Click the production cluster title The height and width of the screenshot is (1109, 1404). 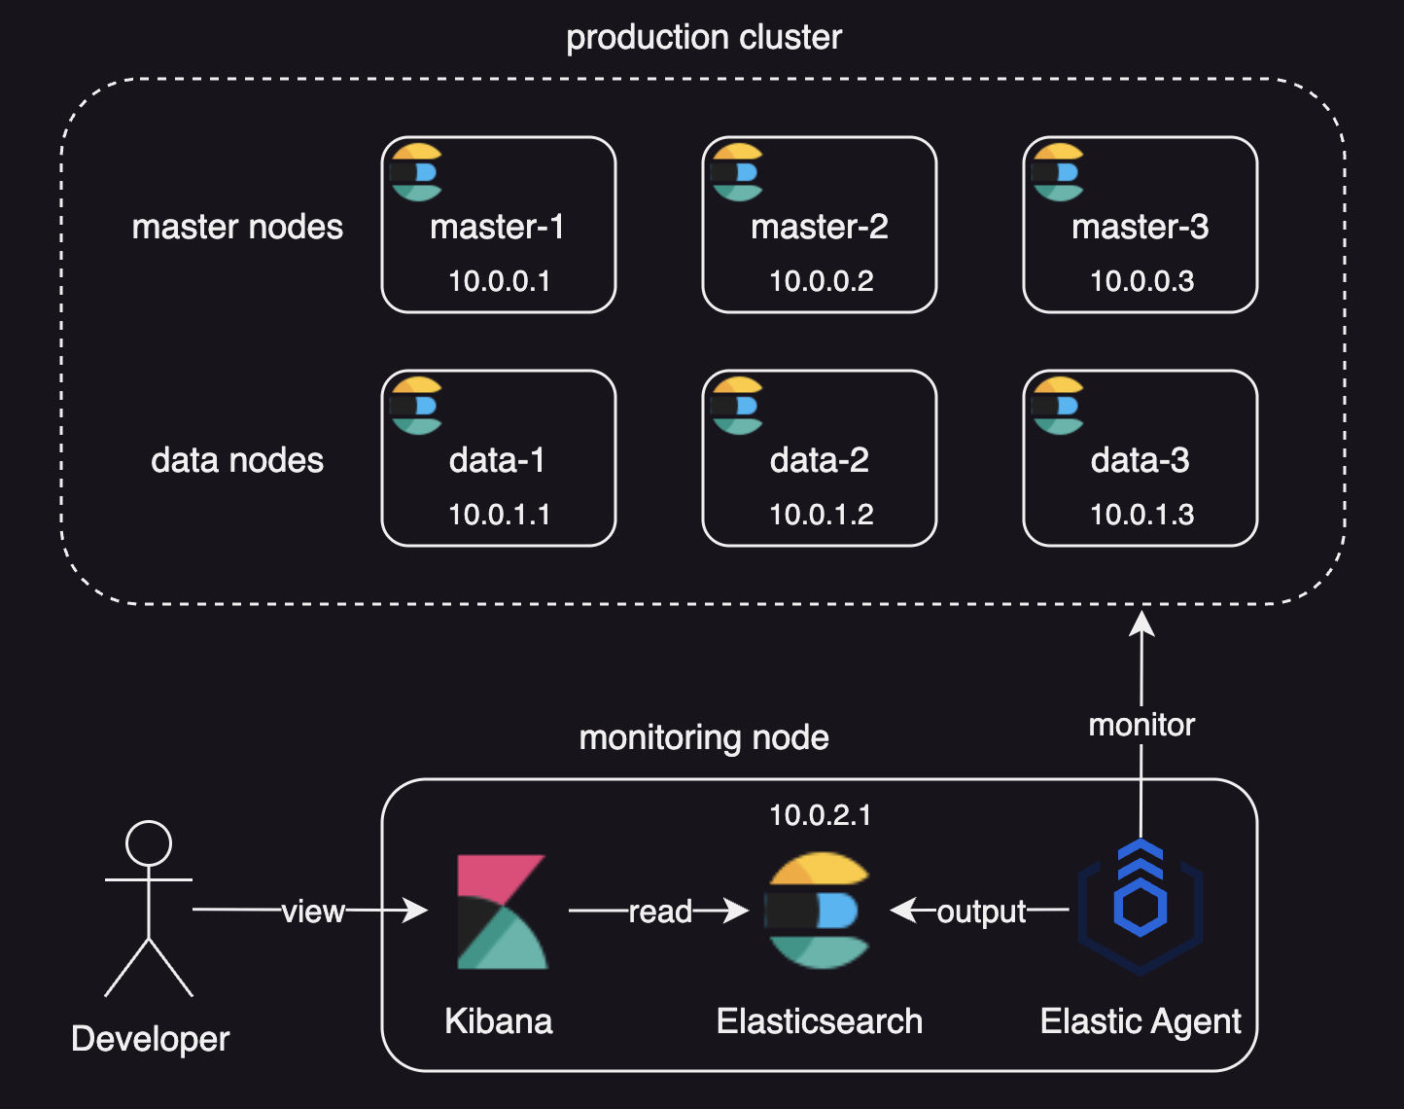(x=703, y=38)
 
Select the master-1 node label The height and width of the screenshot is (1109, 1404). (x=497, y=227)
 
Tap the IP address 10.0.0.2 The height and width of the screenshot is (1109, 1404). (x=821, y=281)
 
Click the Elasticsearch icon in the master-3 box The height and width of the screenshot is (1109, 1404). (x=1057, y=172)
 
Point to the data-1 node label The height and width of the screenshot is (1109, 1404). (x=497, y=460)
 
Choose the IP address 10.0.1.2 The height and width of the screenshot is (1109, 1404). (x=821, y=515)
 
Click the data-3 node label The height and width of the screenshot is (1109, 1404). (x=1140, y=460)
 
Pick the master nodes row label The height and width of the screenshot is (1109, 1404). (x=237, y=227)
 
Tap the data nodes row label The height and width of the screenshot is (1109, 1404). (x=237, y=460)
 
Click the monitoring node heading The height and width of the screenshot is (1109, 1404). (x=703, y=737)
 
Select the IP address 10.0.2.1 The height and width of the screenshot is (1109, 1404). (x=820, y=815)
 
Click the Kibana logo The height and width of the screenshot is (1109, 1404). (x=502, y=912)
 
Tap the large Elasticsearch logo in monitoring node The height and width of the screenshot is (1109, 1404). (x=817, y=911)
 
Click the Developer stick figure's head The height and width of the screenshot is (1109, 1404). (x=149, y=843)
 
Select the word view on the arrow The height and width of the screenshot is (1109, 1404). (x=313, y=912)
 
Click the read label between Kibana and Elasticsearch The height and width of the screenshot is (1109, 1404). (x=660, y=912)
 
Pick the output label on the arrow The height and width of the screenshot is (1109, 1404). (x=981, y=912)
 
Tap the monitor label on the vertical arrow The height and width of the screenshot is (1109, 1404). (x=1141, y=725)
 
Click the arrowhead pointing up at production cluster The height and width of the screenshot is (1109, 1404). (x=1141, y=623)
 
